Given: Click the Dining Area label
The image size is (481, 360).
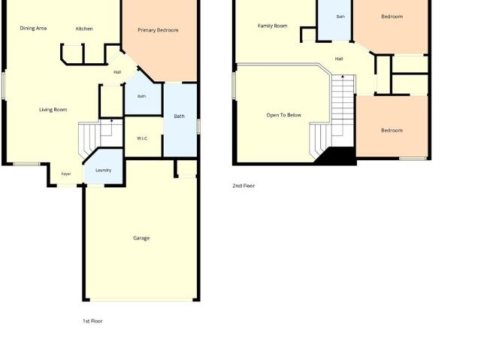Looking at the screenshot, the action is tap(33, 29).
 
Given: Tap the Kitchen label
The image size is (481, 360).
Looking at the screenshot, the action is tap(84, 29).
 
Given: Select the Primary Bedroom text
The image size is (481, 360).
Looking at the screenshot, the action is tap(158, 30).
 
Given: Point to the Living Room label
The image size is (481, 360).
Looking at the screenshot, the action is tap(53, 110).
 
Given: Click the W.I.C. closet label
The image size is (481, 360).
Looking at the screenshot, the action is tap(142, 138).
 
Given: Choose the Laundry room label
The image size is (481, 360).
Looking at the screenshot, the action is tap(104, 170).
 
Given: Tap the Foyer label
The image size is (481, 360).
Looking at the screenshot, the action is tap(66, 174).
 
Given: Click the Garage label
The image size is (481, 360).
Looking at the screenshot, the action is tap(141, 238).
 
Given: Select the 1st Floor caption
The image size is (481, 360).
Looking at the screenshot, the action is tap(92, 321).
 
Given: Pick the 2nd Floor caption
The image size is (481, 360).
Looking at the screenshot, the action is tap(244, 186).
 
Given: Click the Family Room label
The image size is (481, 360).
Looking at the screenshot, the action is tap(272, 26).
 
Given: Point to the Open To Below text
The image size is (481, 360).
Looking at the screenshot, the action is tap(284, 115).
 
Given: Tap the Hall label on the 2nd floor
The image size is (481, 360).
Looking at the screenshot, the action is tap(339, 59).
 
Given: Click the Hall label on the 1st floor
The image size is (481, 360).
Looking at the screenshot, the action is tap(117, 72).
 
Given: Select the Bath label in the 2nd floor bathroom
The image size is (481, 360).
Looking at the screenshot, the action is tap(340, 17).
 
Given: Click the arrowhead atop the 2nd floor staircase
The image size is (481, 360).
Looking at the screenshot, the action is tap(343, 77).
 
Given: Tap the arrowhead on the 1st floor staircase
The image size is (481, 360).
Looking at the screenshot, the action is tap(112, 121).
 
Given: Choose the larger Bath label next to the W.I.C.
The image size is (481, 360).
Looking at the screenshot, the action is tap(179, 116).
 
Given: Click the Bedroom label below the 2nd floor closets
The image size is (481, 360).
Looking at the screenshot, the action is tap(392, 130).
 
